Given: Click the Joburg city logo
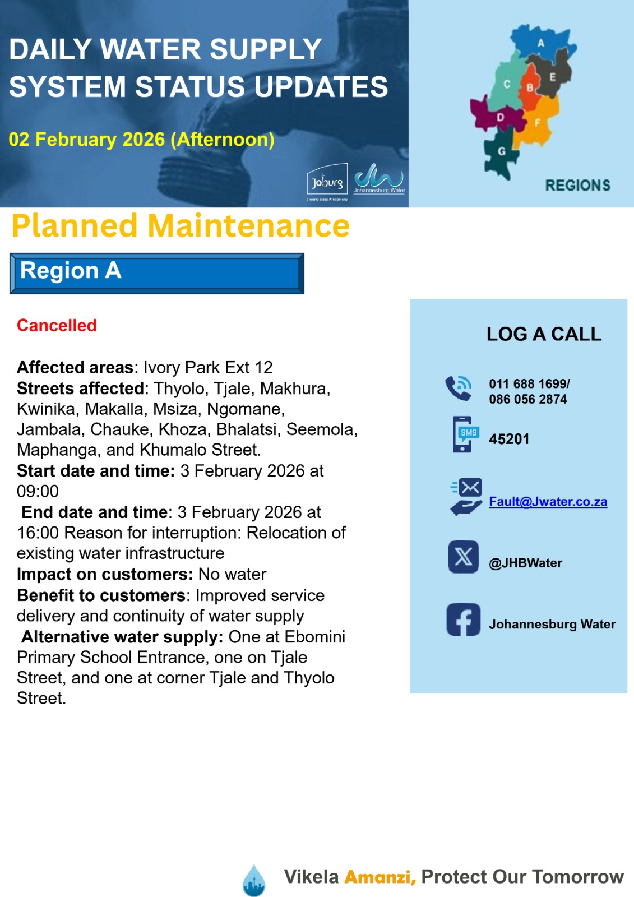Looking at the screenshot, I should pyautogui.click(x=327, y=179).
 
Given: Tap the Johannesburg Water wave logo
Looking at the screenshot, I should pyautogui.click(x=379, y=177).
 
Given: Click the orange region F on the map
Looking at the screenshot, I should pyautogui.click(x=536, y=123).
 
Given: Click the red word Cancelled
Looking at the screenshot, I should pyautogui.click(x=57, y=325).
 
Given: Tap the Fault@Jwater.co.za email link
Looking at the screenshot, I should pyautogui.click(x=548, y=501).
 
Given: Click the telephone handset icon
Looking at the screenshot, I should pyautogui.click(x=459, y=387).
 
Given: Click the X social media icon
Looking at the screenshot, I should pyautogui.click(x=464, y=557).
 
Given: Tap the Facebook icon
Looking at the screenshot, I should pyautogui.click(x=464, y=619).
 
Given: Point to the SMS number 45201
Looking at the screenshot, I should pyautogui.click(x=509, y=439).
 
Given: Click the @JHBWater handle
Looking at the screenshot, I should pyautogui.click(x=525, y=563).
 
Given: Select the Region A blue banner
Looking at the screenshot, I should pyautogui.click(x=157, y=273).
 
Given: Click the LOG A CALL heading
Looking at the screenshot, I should pyautogui.click(x=544, y=334).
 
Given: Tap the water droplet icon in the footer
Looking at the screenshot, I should pyautogui.click(x=254, y=880).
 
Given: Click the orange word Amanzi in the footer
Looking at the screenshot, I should pyautogui.click(x=380, y=877).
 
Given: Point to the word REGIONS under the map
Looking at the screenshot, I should pyautogui.click(x=577, y=185).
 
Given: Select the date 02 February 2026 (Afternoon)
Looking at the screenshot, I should pyautogui.click(x=141, y=139).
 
